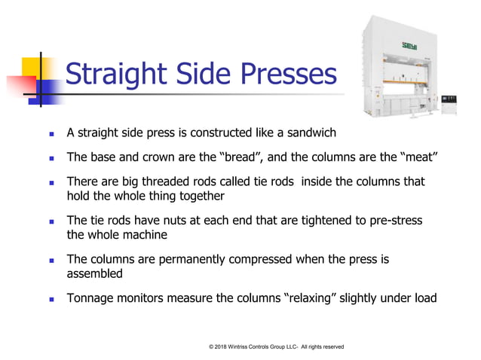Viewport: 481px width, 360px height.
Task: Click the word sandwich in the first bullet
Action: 308,133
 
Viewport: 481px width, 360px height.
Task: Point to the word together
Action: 196,196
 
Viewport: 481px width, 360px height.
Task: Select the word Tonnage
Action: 91,298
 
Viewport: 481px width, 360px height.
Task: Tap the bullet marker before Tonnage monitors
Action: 51,299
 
